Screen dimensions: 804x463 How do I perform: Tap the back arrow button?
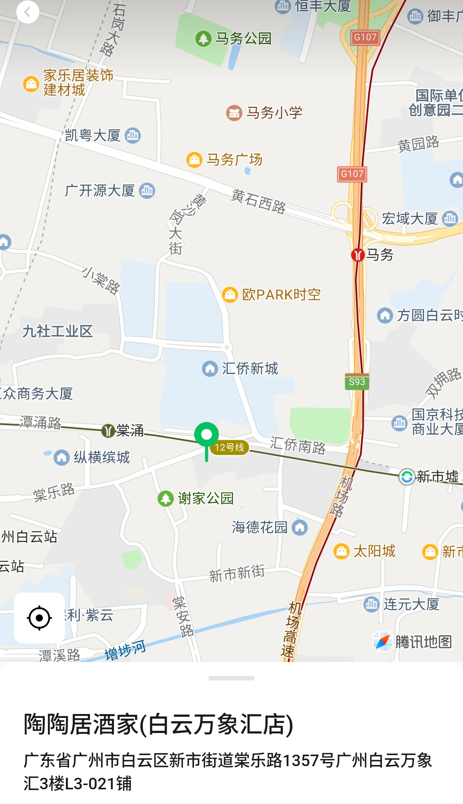27,12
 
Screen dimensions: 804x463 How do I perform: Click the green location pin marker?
206,435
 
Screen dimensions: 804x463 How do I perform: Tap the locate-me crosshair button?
39,618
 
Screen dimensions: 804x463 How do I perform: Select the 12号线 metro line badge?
230,447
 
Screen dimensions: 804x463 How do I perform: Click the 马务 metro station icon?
358,255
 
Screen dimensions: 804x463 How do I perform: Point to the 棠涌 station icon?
108,430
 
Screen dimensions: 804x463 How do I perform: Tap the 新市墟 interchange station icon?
407,477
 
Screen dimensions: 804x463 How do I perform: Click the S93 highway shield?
357,382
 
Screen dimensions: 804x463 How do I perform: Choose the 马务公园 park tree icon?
203,39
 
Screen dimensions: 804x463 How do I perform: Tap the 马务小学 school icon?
234,113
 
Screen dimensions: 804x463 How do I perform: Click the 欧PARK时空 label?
281,295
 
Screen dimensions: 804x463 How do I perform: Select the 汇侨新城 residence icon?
210,369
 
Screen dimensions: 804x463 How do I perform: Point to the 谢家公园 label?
206,498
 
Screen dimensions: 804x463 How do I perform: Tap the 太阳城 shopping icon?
341,551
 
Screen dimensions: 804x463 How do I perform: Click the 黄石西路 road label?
259,201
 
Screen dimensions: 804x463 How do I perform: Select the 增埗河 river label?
125,650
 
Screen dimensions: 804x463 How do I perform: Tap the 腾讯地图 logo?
413,642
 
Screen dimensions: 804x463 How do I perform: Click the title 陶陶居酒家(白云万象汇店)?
159,724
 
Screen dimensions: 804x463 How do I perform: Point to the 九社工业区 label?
57,331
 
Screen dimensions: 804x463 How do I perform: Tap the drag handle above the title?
231,678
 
